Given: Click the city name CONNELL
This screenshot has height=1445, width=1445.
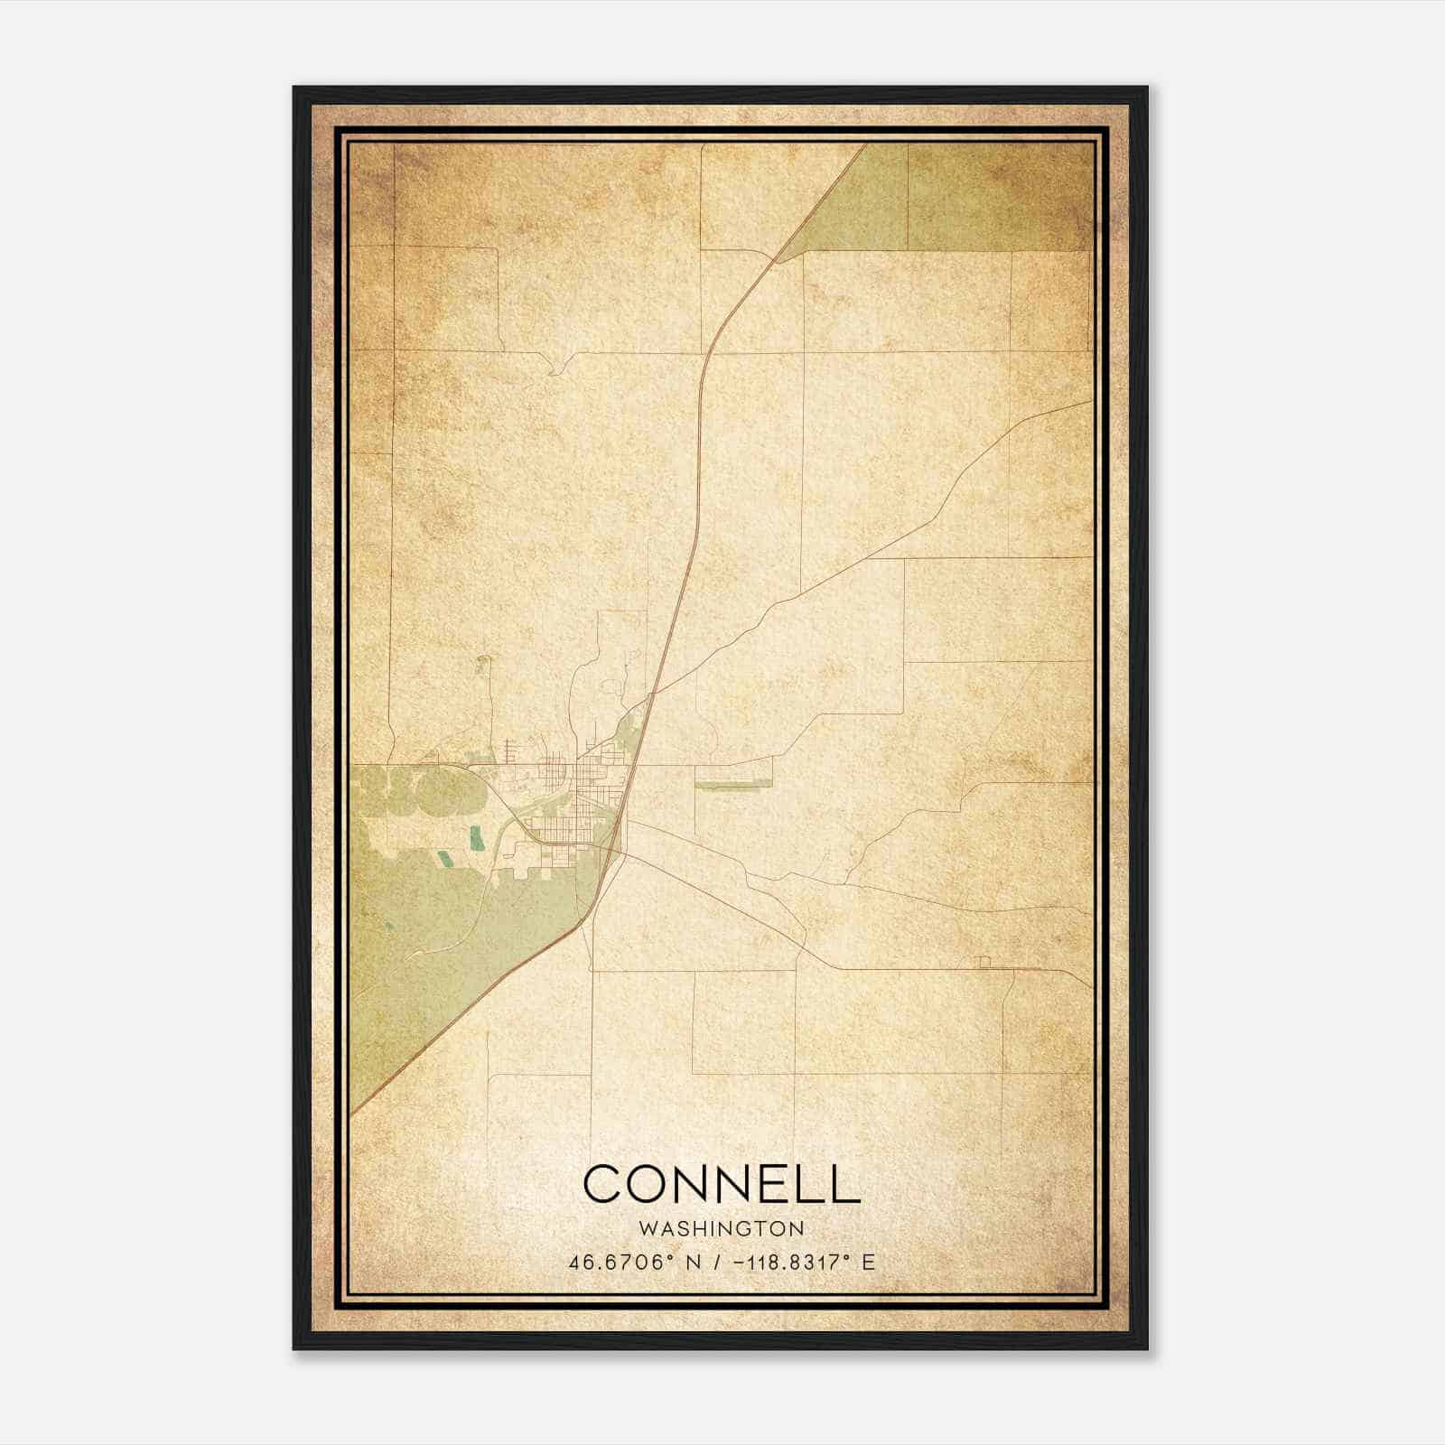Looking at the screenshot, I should pos(722,1183).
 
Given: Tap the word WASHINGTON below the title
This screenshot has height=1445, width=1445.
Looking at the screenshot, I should pos(721,1228).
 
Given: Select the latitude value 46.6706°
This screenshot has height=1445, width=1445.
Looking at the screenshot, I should pos(620,1262).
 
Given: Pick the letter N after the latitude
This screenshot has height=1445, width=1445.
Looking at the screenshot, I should pos(693,1262).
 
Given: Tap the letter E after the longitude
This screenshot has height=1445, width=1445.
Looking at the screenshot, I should pos(868,1262).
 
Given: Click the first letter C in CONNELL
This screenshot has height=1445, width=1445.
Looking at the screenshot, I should pos(602,1183).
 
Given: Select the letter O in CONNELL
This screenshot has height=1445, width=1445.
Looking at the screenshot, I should pos(647,1183).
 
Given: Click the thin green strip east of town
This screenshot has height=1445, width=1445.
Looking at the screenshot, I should pos(734,786).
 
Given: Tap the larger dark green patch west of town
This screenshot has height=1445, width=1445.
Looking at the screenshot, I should pos(476,840).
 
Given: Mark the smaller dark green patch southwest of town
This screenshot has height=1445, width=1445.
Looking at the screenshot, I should pos(443,858).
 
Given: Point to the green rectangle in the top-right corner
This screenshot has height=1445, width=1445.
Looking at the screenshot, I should pos(998,196).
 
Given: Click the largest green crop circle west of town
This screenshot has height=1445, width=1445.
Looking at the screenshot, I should pos(456,792).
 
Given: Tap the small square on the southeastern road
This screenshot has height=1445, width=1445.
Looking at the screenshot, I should pos(984,963).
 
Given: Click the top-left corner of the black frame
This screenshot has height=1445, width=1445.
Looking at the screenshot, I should pos(294,88).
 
